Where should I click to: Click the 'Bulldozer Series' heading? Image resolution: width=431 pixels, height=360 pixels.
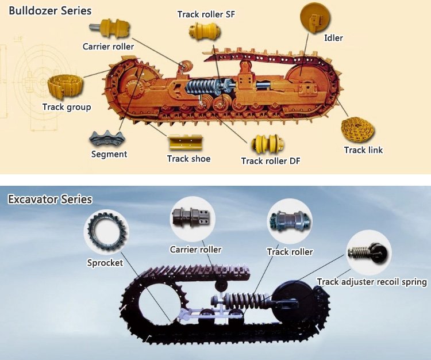click(50, 11)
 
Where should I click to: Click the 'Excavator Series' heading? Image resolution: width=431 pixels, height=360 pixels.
click(50, 199)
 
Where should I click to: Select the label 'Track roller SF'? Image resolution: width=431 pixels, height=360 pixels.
click(206, 14)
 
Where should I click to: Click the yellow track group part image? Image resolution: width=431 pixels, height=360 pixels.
click(65, 87)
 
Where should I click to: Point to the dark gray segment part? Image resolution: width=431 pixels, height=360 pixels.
click(107, 139)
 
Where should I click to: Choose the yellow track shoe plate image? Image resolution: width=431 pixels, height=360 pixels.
click(186, 142)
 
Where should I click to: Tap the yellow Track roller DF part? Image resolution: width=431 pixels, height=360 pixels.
click(268, 144)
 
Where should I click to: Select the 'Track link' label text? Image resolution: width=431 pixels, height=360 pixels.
click(363, 150)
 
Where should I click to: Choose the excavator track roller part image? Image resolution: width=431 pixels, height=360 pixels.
click(290, 221)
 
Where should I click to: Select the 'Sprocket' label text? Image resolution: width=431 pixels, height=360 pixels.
click(105, 263)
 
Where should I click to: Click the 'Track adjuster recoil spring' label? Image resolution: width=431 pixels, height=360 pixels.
click(372, 282)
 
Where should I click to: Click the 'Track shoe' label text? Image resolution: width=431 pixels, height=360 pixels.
click(189, 159)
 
